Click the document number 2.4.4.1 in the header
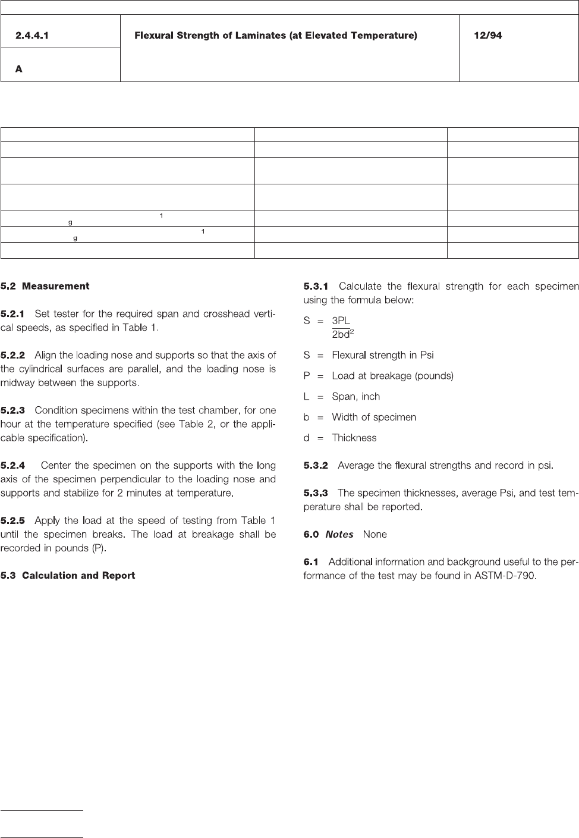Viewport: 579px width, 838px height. pyautogui.click(x=32, y=36)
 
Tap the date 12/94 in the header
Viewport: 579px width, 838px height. pyautogui.click(x=487, y=36)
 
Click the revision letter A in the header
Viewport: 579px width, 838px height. pyautogui.click(x=19, y=69)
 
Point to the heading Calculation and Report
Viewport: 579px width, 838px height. pyautogui.click(x=78, y=575)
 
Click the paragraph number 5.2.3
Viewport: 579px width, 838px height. pyautogui.click(x=12, y=410)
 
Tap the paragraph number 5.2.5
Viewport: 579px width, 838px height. pyautogui.click(x=12, y=520)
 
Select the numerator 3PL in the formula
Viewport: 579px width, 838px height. pyautogui.click(x=341, y=321)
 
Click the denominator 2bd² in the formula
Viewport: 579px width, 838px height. pyautogui.click(x=343, y=334)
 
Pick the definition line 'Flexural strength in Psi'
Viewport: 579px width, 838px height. pyautogui.click(x=382, y=355)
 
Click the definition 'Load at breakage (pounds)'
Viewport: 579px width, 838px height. pyautogui.click(x=392, y=376)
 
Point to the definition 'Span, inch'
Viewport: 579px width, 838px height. pyautogui.click(x=355, y=397)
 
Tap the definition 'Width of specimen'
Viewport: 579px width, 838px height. pyautogui.click(x=373, y=417)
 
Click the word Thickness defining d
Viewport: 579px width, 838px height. pyautogui.click(x=354, y=438)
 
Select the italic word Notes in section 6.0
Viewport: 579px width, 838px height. pyautogui.click(x=339, y=534)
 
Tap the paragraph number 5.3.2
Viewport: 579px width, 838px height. pyautogui.click(x=316, y=465)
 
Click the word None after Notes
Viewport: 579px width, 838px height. pyautogui.click(x=375, y=534)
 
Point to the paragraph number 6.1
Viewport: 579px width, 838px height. pyautogui.click(x=311, y=561)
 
